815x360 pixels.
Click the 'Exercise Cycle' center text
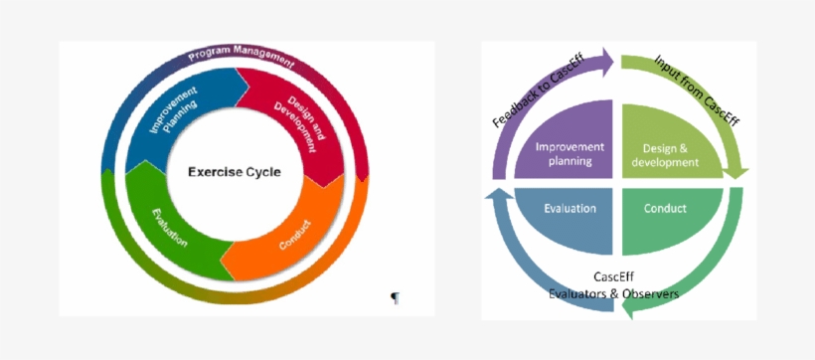(x=235, y=172)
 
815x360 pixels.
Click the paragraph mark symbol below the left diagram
(x=395, y=297)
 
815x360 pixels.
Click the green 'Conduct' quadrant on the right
(x=664, y=210)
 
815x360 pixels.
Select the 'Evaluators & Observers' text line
(x=614, y=293)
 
